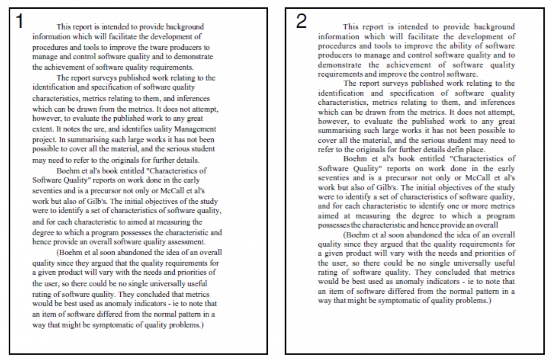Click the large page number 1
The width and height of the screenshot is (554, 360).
(x=19, y=21)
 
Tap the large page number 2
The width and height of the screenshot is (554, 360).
(x=301, y=21)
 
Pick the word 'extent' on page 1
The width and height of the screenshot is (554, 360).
(x=42, y=129)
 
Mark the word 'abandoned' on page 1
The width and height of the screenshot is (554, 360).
(x=132, y=252)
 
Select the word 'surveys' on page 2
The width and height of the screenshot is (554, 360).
(x=393, y=84)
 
